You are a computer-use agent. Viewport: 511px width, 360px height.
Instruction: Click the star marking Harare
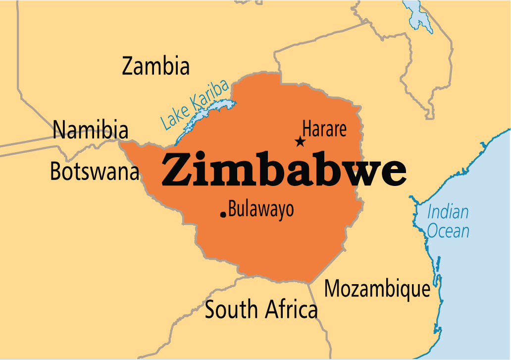(300, 142)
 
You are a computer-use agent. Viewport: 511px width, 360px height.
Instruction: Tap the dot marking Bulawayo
(223, 214)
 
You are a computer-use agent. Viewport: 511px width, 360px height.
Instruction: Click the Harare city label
(324, 129)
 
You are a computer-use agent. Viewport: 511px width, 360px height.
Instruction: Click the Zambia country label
(156, 66)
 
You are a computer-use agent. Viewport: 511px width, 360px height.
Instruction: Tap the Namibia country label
(91, 130)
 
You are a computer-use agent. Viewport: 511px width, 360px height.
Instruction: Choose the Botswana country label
(94, 172)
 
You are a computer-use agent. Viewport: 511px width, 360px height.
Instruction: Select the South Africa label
(261, 309)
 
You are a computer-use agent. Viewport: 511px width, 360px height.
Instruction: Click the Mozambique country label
(377, 289)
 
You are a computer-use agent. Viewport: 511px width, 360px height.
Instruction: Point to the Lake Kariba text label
(195, 106)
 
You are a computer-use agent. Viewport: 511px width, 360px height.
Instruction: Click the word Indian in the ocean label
(448, 212)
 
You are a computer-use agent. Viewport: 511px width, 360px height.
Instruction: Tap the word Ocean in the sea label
(448, 231)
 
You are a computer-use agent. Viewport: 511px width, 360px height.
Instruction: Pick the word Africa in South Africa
(291, 309)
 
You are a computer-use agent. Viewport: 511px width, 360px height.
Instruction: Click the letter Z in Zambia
(128, 66)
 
